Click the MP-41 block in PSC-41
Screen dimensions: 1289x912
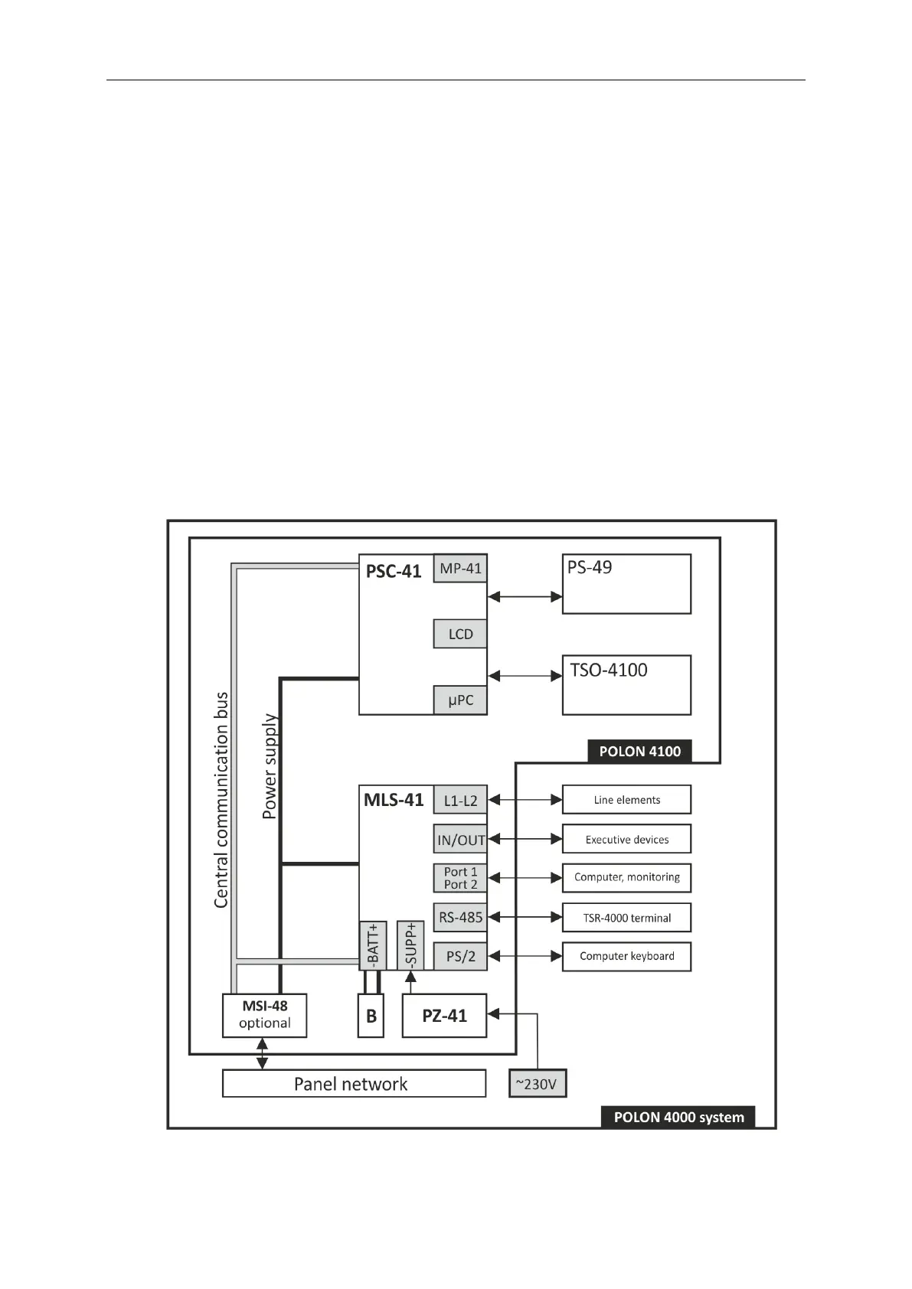pyautogui.click(x=460, y=569)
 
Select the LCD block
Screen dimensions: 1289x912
pyautogui.click(x=460, y=634)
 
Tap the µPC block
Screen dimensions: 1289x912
pyautogui.click(x=460, y=700)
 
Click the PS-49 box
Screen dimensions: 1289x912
pyautogui.click(x=626, y=584)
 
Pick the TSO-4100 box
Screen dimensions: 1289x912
pyautogui.click(x=626, y=685)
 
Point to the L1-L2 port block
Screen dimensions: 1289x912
pyautogui.click(x=460, y=801)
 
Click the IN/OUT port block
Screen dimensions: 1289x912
pyautogui.click(x=460, y=840)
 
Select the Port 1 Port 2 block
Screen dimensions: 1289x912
pyautogui.click(x=460, y=878)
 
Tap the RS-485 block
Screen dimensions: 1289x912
pyautogui.click(x=460, y=917)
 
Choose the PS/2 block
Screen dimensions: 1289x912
pyautogui.click(x=460, y=956)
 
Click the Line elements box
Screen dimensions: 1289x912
pyautogui.click(x=626, y=800)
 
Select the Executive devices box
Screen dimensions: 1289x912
pyautogui.click(x=626, y=839)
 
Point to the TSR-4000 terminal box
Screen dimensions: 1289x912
pyautogui.click(x=626, y=918)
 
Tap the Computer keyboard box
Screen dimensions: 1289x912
pyautogui.click(x=626, y=957)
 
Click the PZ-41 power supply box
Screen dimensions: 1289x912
pyautogui.click(x=444, y=1016)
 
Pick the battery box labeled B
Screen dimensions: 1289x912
pyautogui.click(x=371, y=1016)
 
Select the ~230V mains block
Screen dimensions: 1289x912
pyautogui.click(x=538, y=1084)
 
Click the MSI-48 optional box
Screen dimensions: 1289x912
pyautogui.click(x=264, y=1016)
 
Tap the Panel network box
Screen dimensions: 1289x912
pyautogui.click(x=354, y=1084)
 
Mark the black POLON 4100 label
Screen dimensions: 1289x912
pyautogui.click(x=639, y=751)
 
